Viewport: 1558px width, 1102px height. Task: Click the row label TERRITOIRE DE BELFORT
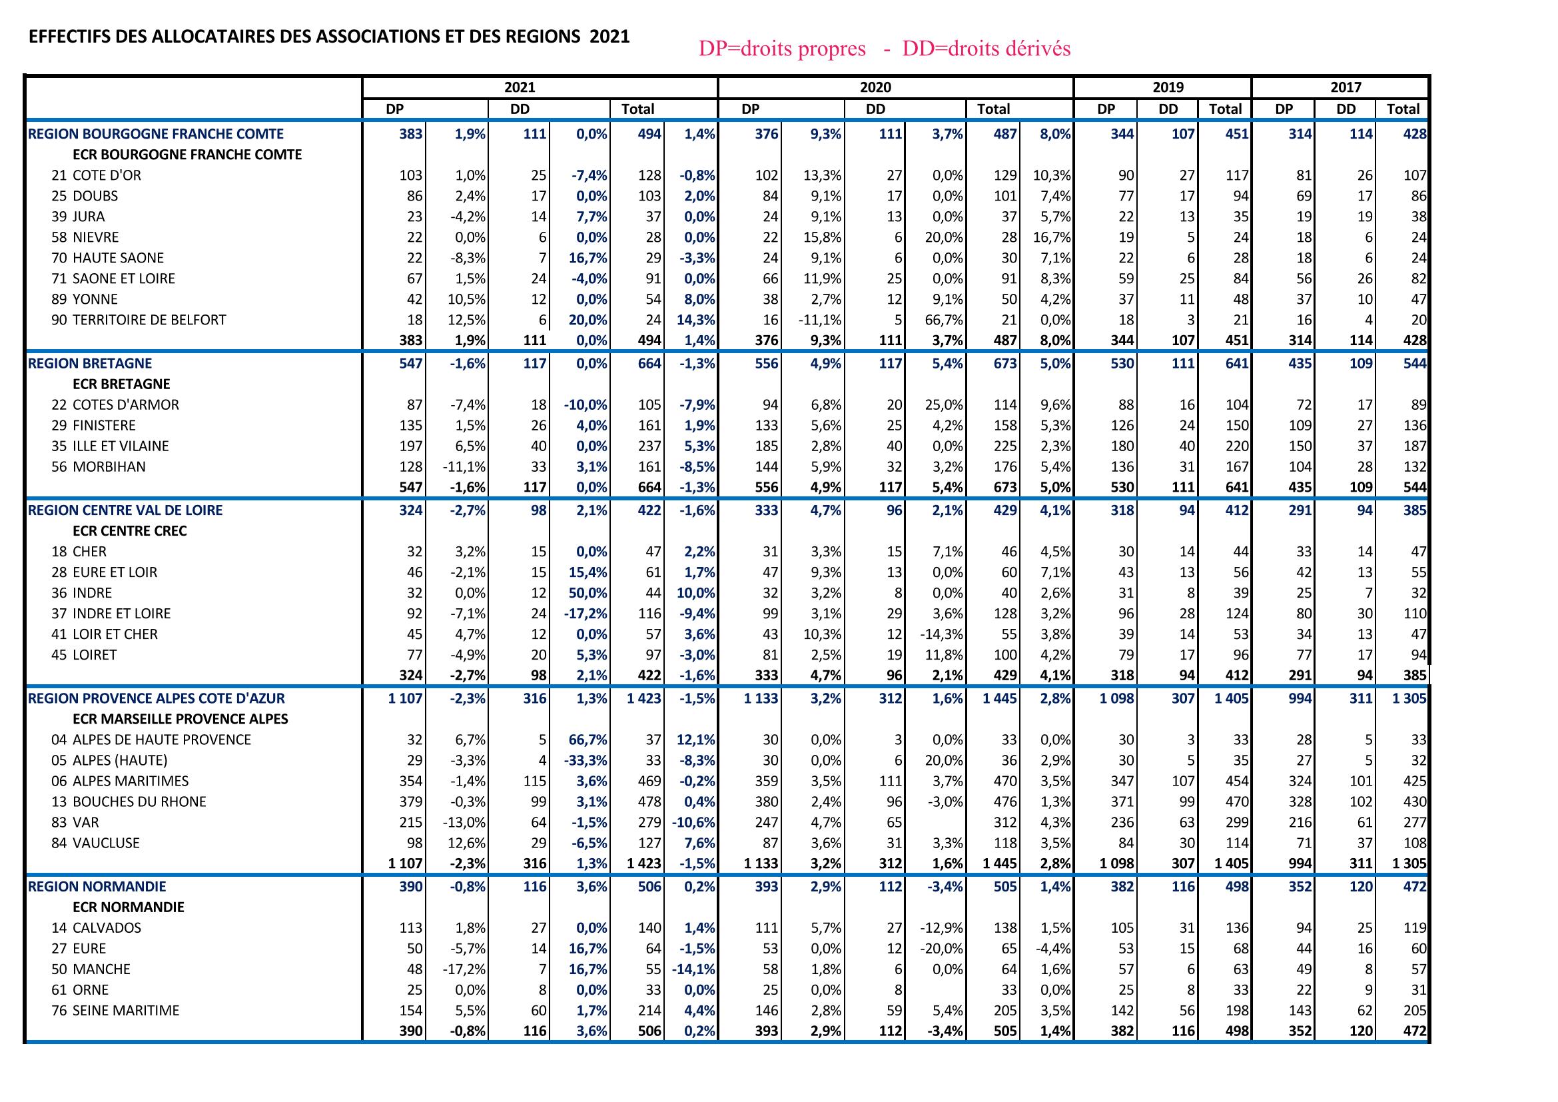pyautogui.click(x=149, y=320)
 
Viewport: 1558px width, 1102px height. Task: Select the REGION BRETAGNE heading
pyautogui.click(x=89, y=364)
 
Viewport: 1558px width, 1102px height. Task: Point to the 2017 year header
pyautogui.click(x=1345, y=87)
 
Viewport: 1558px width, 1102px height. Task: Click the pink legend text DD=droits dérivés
pyautogui.click(x=986, y=49)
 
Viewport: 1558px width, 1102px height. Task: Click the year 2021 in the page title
pyautogui.click(x=609, y=37)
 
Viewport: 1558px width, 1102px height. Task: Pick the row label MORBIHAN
pyautogui.click(x=109, y=467)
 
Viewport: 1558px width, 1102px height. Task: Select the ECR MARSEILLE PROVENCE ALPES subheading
pyautogui.click(x=180, y=720)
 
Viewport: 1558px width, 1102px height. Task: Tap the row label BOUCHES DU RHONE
pyautogui.click(x=139, y=802)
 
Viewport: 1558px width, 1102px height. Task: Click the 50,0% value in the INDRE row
pyautogui.click(x=588, y=593)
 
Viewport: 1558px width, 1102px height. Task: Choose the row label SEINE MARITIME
pyautogui.click(x=125, y=1011)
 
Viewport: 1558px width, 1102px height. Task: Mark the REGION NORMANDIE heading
pyautogui.click(x=97, y=887)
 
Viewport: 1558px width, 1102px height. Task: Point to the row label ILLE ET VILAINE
pyautogui.click(x=120, y=446)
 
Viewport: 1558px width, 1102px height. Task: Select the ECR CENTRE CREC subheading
pyautogui.click(x=129, y=531)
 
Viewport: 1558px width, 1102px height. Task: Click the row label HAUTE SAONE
pyautogui.click(x=117, y=259)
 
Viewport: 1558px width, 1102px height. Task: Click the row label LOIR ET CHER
pyautogui.click(x=115, y=634)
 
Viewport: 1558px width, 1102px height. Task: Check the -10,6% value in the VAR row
pyautogui.click(x=693, y=822)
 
